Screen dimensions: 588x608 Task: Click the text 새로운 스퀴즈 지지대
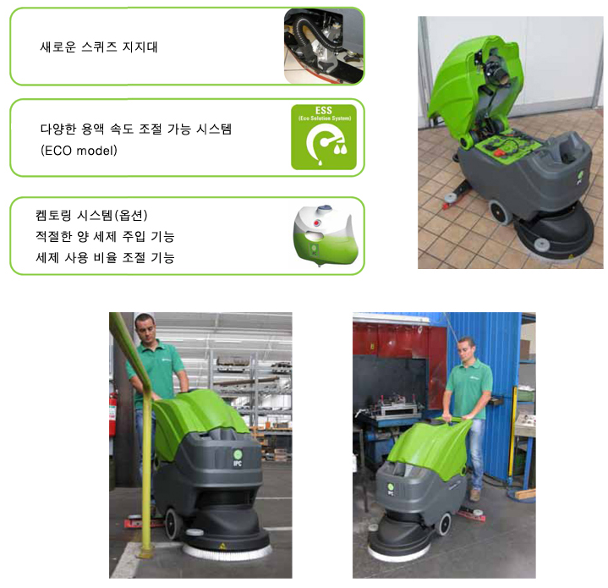(x=99, y=47)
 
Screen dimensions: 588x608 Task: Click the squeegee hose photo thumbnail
(x=320, y=47)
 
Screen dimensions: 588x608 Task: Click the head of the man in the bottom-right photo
(x=465, y=350)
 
